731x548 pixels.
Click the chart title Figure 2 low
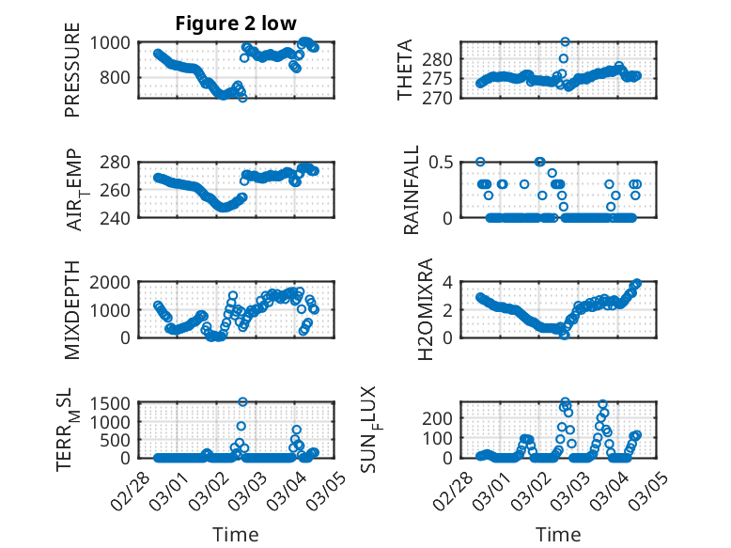point(236,24)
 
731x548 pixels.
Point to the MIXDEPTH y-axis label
point(72,310)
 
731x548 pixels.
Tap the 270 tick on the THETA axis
point(444,98)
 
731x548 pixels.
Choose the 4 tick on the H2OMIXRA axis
point(450,282)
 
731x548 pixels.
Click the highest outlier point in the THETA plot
point(565,42)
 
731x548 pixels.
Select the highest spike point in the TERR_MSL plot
point(241,401)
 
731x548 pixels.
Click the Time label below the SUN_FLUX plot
point(558,534)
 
